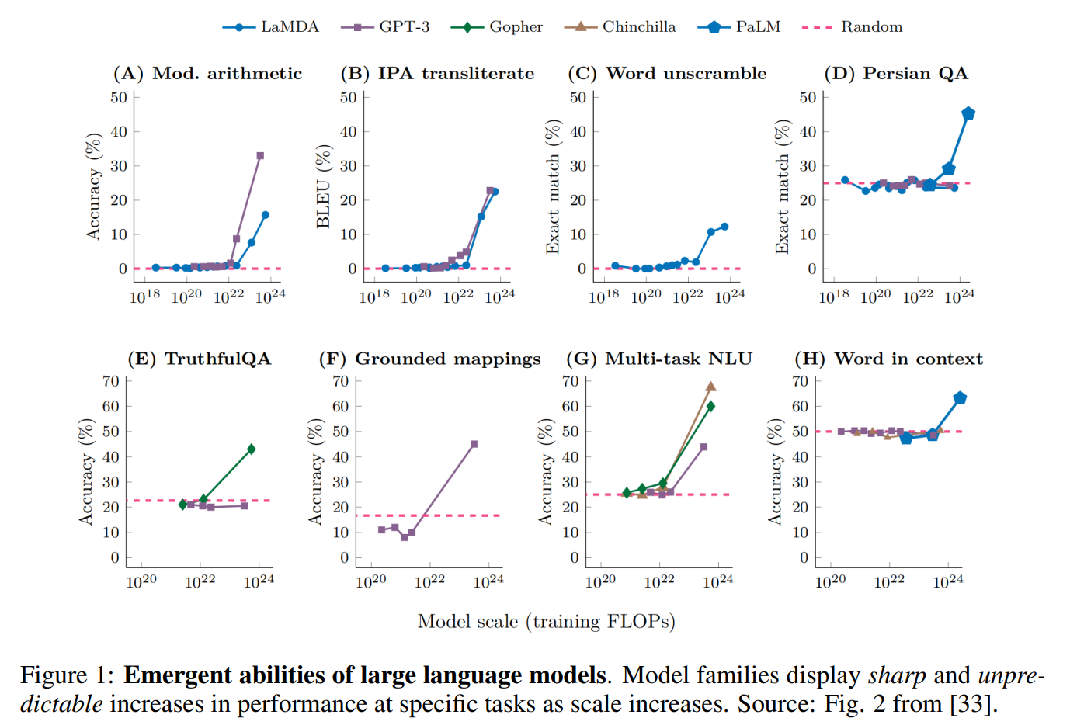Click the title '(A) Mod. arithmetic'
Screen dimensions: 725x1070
207,74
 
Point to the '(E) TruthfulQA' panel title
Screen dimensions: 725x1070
200,359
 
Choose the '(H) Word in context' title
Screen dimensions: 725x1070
888,359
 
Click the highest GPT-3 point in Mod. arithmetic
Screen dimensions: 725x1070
260,156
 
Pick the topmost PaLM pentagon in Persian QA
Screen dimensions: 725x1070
968,113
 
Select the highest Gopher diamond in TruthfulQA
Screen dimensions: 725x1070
251,449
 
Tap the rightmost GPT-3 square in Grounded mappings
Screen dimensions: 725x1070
474,444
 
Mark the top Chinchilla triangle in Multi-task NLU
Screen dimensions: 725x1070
710,387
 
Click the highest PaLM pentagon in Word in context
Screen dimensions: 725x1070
960,398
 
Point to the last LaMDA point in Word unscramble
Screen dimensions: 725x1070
724,227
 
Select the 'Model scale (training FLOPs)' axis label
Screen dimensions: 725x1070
546,622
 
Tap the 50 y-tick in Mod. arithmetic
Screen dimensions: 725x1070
119,98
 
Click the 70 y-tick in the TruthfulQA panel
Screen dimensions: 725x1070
111,381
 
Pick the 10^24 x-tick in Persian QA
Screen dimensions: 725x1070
959,297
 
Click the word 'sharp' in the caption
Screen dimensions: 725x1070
897,675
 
